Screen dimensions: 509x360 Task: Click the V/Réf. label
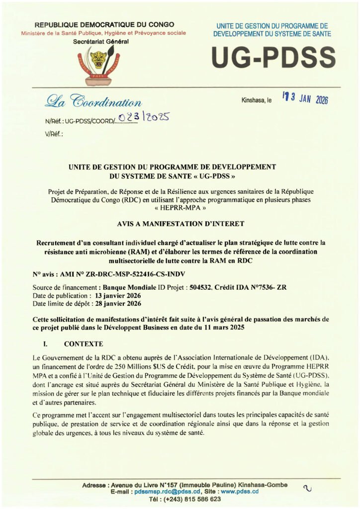(x=54, y=134)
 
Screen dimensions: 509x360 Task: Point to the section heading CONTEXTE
(x=83, y=343)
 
